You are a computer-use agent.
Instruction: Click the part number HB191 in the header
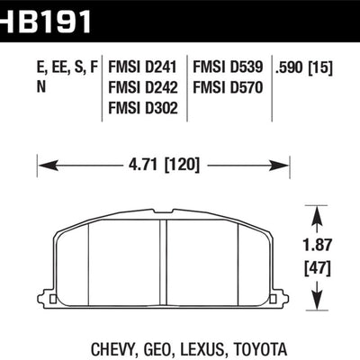click(x=45, y=15)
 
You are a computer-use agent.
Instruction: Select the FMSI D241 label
click(x=141, y=67)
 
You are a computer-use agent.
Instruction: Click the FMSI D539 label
click(x=225, y=67)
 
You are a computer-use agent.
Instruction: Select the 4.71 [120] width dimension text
click(x=162, y=165)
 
